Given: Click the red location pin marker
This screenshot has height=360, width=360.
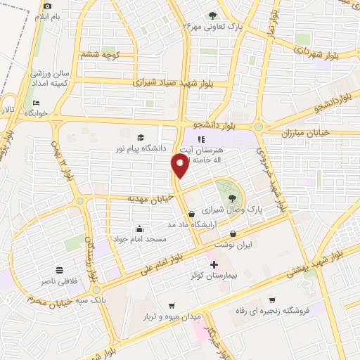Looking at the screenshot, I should (x=180, y=165).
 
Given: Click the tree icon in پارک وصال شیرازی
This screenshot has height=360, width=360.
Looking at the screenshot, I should (x=233, y=198).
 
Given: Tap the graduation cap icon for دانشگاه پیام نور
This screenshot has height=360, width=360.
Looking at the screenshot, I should (x=141, y=138).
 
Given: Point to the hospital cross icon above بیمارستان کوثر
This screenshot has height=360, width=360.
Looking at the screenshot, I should (x=214, y=265).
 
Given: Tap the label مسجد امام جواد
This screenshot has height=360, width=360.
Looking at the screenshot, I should (x=141, y=240).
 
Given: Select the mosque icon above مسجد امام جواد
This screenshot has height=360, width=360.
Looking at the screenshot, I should (x=140, y=229).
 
